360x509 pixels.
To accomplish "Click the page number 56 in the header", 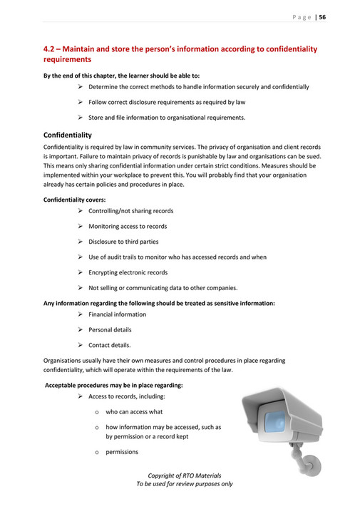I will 322,17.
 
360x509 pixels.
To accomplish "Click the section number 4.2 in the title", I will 49,49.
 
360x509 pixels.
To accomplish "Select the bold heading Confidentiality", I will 67,135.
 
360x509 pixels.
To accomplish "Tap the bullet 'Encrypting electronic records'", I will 128,272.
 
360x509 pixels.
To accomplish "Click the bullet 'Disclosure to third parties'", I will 123,242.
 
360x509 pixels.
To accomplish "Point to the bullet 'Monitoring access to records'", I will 128,226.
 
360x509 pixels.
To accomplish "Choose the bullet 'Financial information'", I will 117,314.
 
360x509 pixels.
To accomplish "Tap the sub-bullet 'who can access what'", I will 134,412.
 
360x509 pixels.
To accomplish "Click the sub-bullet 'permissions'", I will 122,452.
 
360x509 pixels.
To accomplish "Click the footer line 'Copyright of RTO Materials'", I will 184,475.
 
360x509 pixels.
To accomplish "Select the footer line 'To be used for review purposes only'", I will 184,484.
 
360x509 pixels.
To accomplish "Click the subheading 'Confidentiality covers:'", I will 75,200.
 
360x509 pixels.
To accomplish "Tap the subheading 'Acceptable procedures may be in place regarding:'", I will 114,385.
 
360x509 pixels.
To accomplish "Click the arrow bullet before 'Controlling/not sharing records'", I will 81,211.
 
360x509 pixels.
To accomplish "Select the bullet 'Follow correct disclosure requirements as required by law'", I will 167,102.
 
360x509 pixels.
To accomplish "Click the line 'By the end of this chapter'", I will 121,75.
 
